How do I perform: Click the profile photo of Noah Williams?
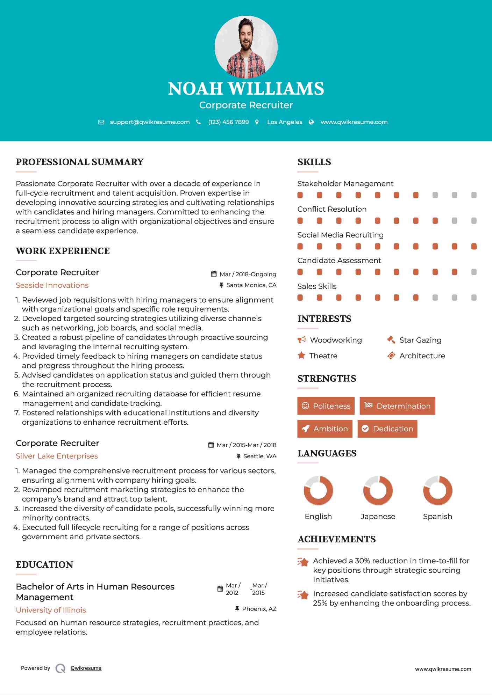point(246,46)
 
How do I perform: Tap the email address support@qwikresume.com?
point(150,122)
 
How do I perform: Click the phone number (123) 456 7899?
point(228,122)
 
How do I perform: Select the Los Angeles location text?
point(284,122)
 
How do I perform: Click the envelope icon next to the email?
point(101,122)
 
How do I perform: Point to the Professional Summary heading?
point(80,162)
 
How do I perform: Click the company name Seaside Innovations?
point(52,285)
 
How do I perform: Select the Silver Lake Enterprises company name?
point(57,456)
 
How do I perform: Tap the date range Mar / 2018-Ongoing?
point(248,274)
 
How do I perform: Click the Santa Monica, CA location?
point(251,285)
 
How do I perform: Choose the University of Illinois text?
point(51,610)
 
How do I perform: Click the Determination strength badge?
point(397,406)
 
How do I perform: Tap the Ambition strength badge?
point(325,429)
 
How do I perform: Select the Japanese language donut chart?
point(378,490)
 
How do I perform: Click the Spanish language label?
point(437,517)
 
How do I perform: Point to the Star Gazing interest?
point(420,340)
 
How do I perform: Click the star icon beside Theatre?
point(301,356)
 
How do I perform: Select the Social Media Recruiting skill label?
point(340,235)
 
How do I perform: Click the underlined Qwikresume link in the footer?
point(86,668)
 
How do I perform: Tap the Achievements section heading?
point(336,539)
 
